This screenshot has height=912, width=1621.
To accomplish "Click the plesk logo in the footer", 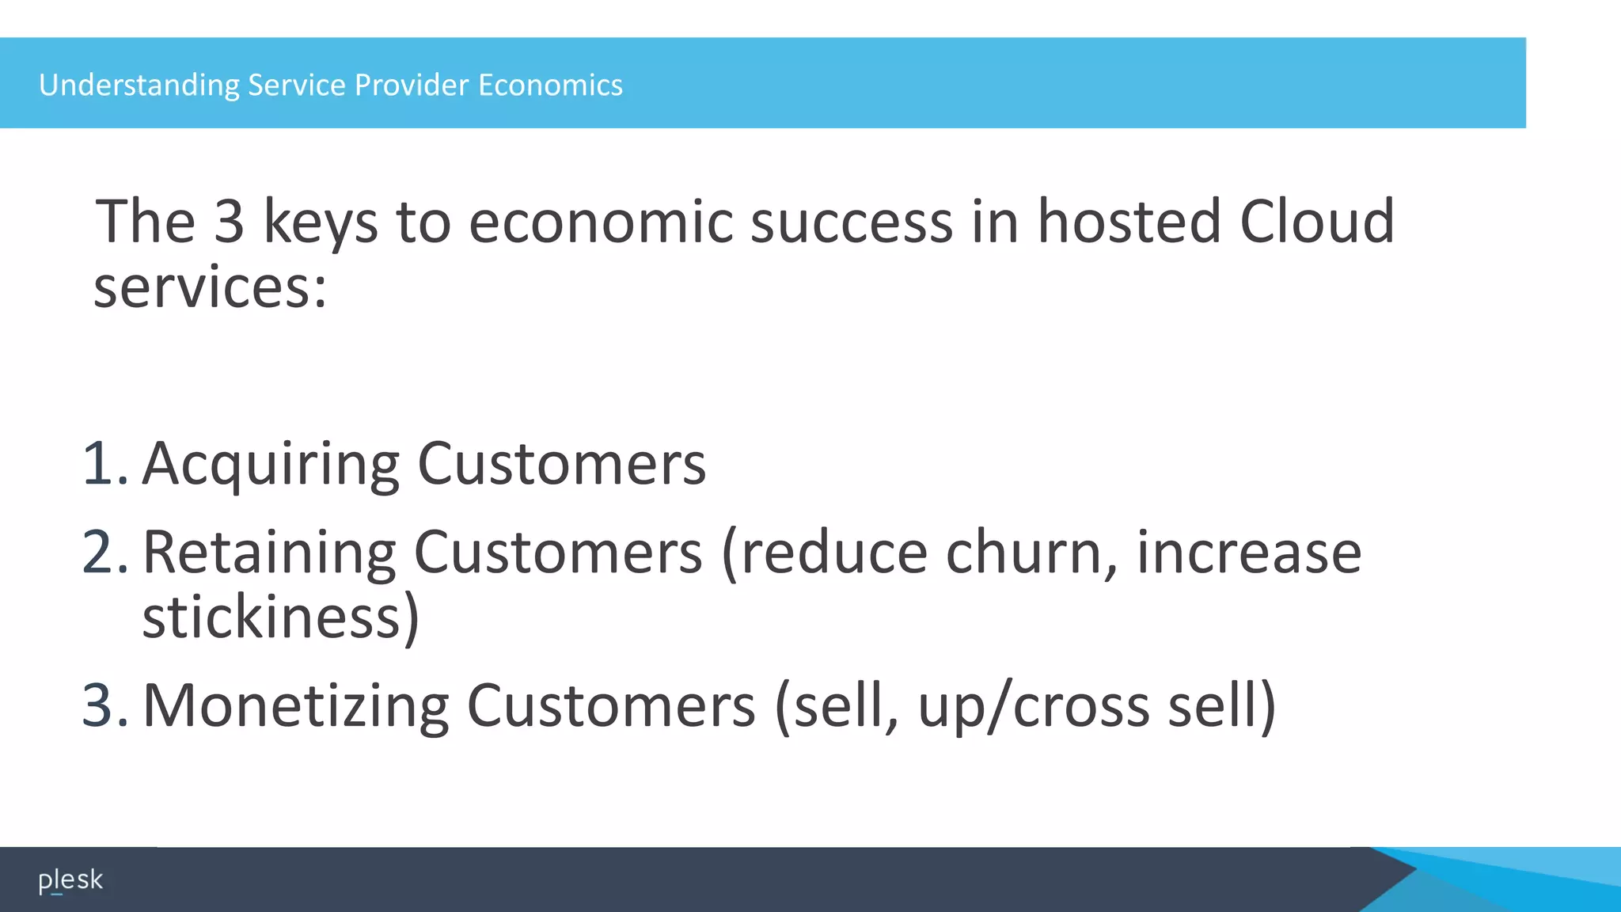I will click(70, 880).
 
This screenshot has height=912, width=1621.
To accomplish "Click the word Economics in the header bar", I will click(550, 85).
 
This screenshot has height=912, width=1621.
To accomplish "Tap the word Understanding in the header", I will click(139, 85).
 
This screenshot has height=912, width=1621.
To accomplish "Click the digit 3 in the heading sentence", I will click(229, 221).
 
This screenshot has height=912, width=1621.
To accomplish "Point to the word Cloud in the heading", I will click(1316, 221).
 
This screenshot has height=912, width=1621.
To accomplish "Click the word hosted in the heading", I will click(1129, 221).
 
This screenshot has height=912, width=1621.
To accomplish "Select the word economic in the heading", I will click(600, 221).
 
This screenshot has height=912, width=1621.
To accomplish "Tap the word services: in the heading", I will click(210, 287).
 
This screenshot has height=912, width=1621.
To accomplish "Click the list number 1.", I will click(104, 463).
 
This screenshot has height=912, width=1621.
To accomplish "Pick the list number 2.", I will click(104, 552).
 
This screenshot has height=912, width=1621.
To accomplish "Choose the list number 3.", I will click(104, 705).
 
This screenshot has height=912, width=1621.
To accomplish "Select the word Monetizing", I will click(295, 706).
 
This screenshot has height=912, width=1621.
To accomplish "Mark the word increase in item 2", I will click(1249, 552).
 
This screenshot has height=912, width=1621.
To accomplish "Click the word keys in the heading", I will click(320, 222).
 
